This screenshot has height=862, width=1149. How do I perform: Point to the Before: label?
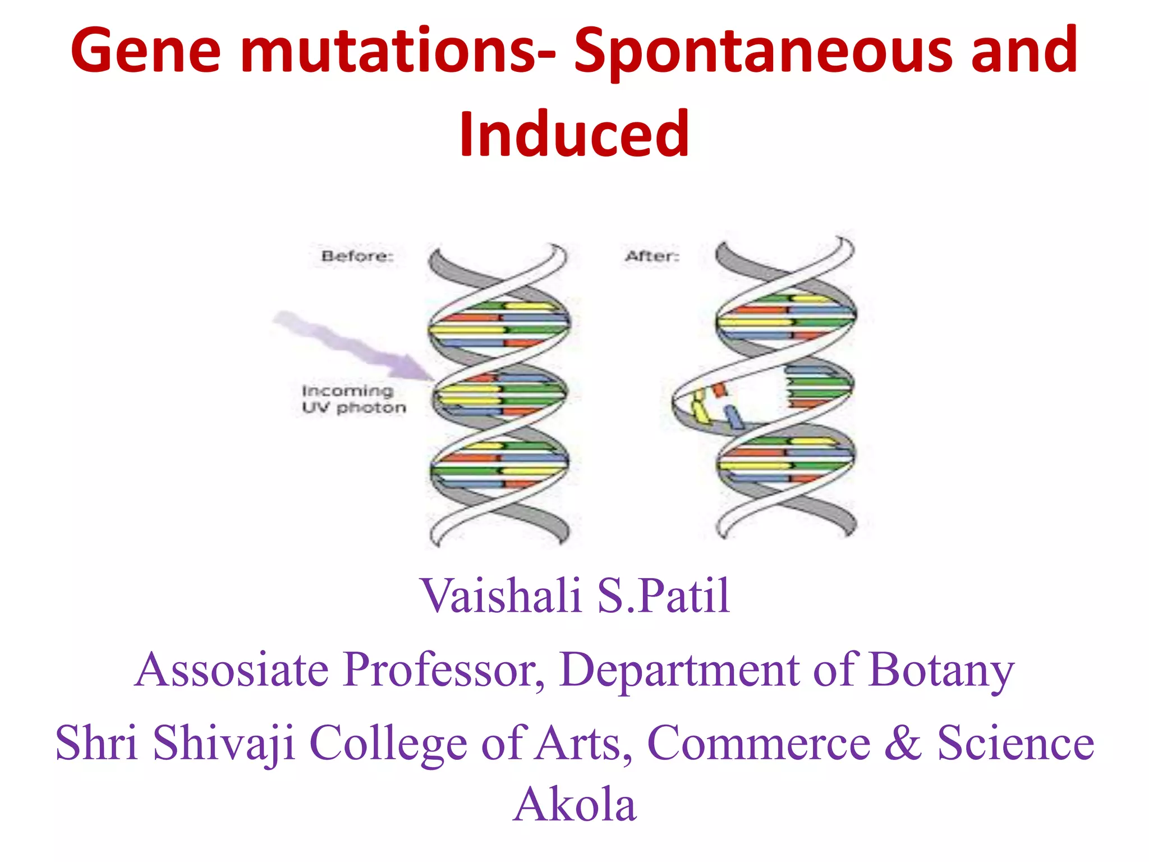point(357,256)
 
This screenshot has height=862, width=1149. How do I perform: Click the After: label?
point(652,256)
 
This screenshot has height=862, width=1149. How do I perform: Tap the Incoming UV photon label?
point(353,399)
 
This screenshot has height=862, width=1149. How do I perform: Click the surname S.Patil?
point(663,596)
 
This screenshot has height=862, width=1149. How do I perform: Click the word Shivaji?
point(224,744)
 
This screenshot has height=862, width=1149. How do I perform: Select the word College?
point(388,744)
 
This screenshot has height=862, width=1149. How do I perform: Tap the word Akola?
point(574,805)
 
